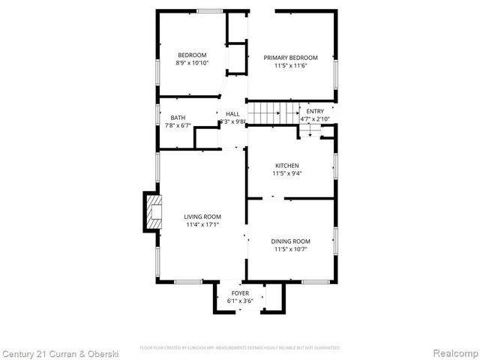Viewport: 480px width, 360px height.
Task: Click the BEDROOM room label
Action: (192, 55)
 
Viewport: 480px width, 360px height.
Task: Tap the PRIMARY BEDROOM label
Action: (290, 58)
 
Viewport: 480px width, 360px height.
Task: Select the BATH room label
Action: (178, 118)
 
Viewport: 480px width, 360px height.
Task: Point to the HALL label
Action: (232, 114)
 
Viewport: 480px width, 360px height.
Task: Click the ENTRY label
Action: (315, 112)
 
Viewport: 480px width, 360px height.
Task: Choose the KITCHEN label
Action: (286, 166)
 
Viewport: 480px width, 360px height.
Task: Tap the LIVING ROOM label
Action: (202, 217)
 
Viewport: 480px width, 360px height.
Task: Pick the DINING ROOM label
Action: (290, 241)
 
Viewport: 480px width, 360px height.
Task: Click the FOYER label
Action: (240, 293)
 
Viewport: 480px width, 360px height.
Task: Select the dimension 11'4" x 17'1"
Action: (202, 224)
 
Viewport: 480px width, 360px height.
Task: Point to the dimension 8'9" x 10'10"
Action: (192, 63)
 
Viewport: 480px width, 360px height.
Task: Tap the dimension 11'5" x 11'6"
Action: (290, 65)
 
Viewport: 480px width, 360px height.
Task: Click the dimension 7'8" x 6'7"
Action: (178, 125)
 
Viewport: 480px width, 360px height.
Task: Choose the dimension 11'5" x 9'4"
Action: (286, 173)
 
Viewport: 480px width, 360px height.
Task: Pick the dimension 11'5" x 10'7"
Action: (290, 249)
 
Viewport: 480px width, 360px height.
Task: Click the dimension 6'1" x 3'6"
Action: (240, 301)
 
